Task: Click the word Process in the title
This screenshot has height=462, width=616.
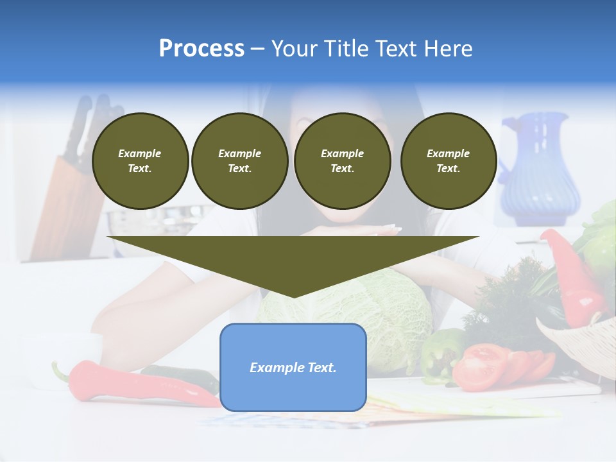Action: [x=201, y=49]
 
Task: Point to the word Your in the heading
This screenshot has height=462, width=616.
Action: [x=294, y=49]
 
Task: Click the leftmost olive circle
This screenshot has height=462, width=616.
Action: [x=140, y=161]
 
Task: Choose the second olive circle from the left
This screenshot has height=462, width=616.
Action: [x=240, y=161]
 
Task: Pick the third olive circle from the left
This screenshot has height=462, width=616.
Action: [x=342, y=161]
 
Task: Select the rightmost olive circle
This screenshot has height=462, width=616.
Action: [x=449, y=161]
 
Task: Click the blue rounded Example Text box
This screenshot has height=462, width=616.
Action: [x=293, y=368]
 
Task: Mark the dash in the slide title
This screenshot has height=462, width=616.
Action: [x=257, y=49]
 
